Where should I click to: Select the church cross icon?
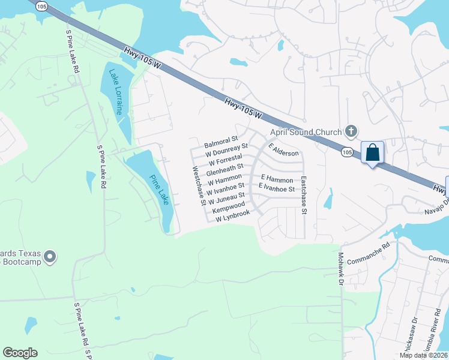(x=352, y=131)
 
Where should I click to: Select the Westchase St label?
(x=199, y=185)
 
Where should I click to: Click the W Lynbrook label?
(x=232, y=216)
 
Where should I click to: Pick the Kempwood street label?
(x=229, y=208)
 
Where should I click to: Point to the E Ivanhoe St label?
(x=276, y=188)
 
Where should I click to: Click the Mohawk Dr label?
(x=339, y=268)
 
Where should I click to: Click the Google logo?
(x=20, y=352)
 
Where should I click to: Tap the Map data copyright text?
(x=423, y=355)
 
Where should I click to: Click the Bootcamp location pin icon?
(x=50, y=257)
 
